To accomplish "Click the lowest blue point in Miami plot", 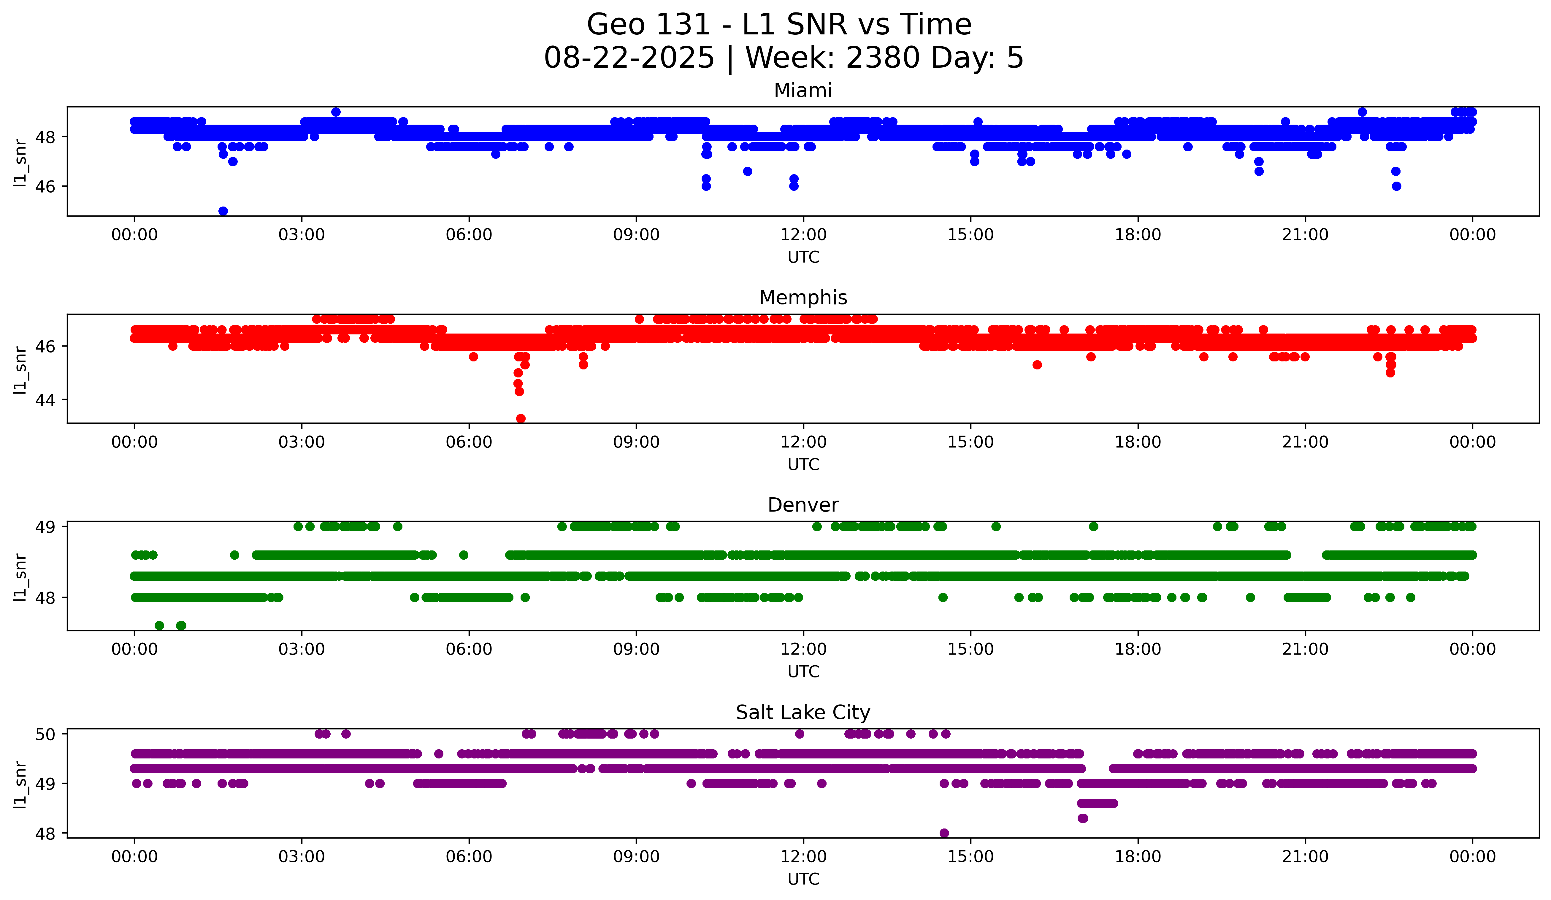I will point(223,211).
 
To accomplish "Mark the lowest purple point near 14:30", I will point(944,833).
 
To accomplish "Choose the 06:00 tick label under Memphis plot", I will point(469,442).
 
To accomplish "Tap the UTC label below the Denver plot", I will point(803,672).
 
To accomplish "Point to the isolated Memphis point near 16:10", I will point(1037,365).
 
